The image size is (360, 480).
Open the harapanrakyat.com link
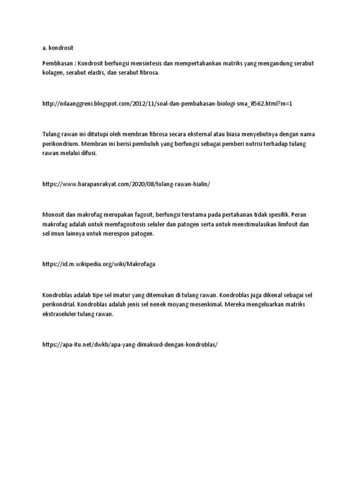(126, 184)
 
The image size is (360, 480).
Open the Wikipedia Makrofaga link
(98, 264)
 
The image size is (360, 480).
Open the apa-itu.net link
(130, 345)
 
